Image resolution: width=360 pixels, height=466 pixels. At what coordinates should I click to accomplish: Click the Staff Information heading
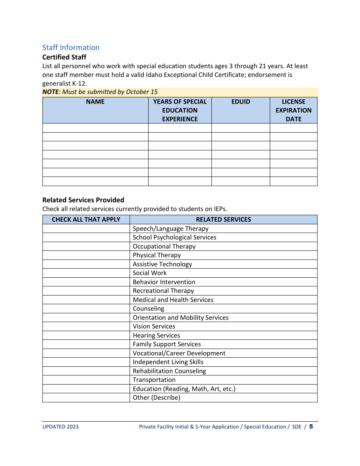tap(71, 47)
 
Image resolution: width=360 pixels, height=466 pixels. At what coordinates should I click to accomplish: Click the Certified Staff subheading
tap(64, 57)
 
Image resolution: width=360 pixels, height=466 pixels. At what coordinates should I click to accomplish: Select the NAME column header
tap(95, 102)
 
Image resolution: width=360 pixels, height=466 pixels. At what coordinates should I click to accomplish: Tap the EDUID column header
tap(241, 102)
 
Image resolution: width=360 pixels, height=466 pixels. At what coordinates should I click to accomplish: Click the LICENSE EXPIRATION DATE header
tap(293, 110)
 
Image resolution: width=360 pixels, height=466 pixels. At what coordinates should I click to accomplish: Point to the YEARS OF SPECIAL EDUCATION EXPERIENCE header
tap(180, 110)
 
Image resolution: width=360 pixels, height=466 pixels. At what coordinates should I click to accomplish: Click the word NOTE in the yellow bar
tap(50, 92)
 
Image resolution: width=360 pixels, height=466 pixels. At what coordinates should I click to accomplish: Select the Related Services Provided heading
tap(83, 200)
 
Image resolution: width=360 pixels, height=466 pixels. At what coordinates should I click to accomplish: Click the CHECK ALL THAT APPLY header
tap(86, 219)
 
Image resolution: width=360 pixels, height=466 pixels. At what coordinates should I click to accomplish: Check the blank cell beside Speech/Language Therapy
tap(86, 228)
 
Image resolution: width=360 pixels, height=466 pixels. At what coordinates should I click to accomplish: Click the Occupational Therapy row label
tap(164, 246)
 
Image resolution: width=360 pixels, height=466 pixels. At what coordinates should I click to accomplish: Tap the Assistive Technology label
tap(162, 264)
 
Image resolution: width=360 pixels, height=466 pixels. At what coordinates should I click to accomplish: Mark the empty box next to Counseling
tap(86, 309)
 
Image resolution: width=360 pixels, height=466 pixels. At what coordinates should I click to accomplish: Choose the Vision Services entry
tap(154, 326)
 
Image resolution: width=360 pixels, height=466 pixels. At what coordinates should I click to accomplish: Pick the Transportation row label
tap(154, 380)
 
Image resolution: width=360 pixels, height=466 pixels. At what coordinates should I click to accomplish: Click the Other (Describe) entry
tap(156, 397)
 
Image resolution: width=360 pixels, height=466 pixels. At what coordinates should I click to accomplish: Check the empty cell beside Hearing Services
tap(86, 335)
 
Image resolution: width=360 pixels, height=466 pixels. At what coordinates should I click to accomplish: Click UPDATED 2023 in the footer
tap(61, 427)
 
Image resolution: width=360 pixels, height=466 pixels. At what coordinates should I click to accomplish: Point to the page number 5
tap(311, 427)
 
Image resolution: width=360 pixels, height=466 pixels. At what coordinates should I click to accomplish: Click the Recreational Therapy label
tap(163, 291)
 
